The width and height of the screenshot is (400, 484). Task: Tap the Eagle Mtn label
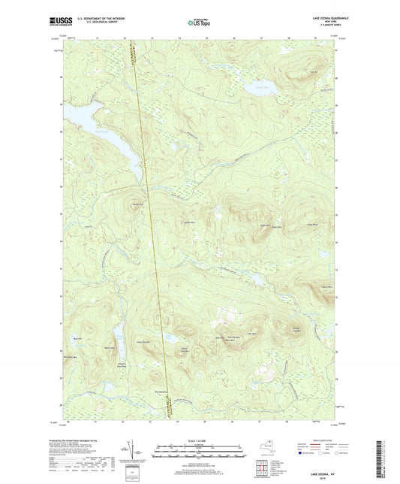tap(264, 225)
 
